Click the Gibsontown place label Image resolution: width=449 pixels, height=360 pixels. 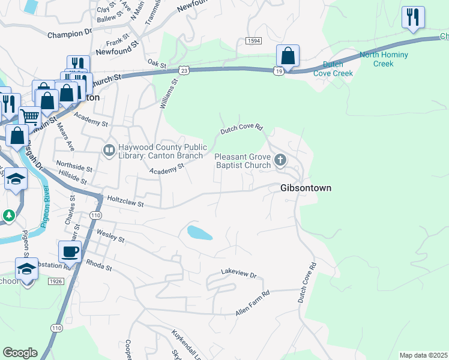306,188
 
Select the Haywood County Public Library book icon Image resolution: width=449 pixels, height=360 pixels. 109,150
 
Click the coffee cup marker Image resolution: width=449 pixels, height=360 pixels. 70,252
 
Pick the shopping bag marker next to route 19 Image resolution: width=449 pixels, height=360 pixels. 288,56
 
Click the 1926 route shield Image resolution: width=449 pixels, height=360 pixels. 56,281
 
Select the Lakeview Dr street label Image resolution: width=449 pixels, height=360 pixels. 238,274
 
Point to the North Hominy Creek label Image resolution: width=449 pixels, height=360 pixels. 384,59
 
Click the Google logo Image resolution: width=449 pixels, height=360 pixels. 20,353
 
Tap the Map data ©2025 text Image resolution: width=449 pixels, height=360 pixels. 423,355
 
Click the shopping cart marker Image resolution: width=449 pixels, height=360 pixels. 29,116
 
